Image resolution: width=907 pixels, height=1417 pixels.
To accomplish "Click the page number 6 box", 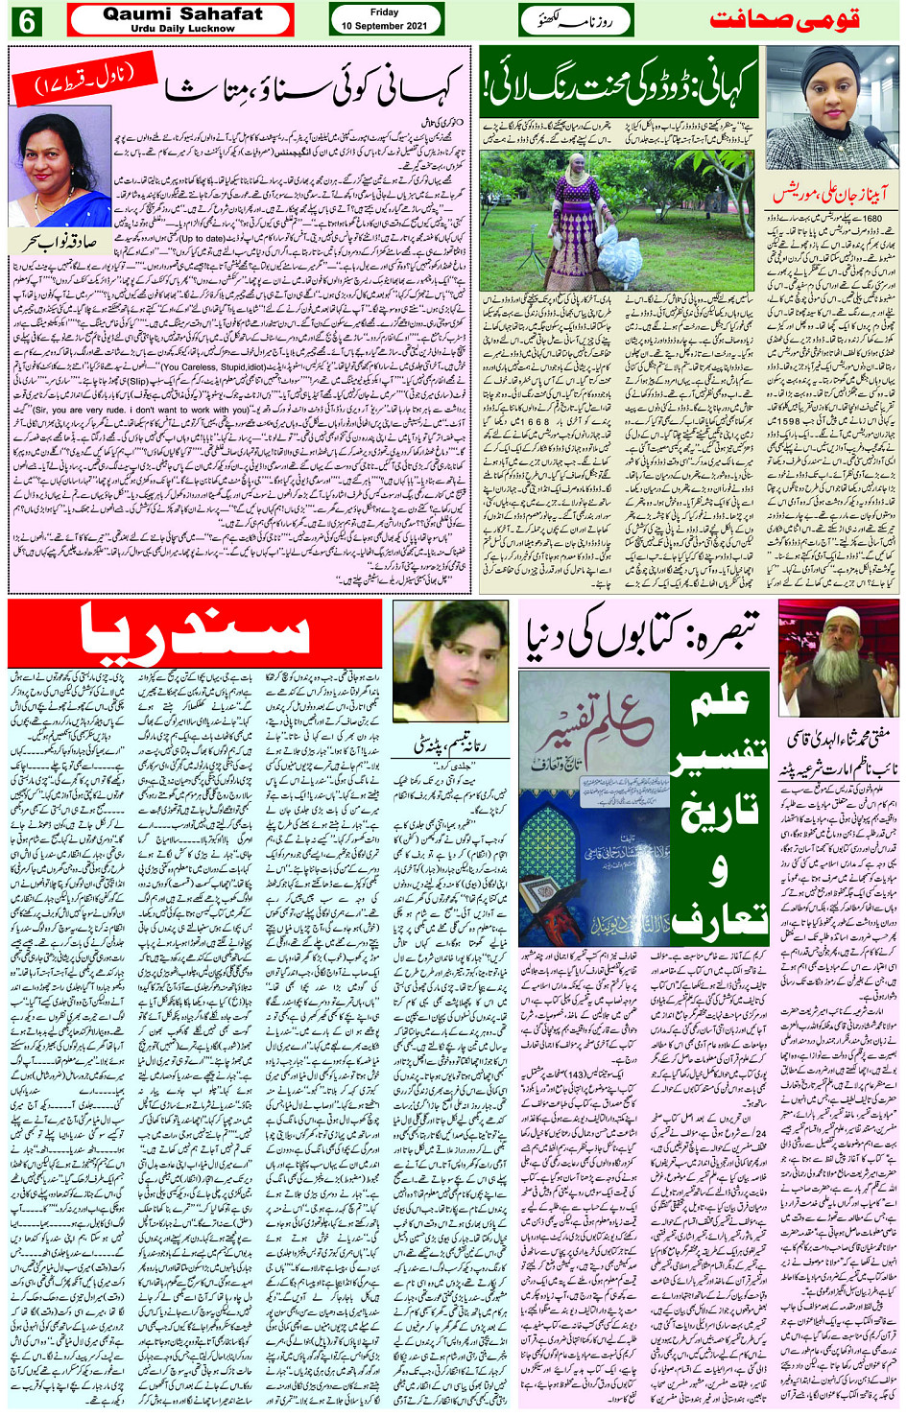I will point(25,20).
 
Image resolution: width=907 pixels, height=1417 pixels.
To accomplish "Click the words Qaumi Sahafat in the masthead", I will point(182,13).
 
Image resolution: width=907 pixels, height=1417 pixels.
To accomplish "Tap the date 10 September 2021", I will point(384,26).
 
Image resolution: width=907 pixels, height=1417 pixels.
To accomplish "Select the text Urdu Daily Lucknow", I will point(182,29).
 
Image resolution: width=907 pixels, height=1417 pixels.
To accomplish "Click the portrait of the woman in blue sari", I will point(60,169).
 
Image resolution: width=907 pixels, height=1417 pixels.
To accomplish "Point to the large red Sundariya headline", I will point(195,634).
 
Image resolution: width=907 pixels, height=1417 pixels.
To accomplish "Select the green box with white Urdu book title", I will point(720,808).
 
